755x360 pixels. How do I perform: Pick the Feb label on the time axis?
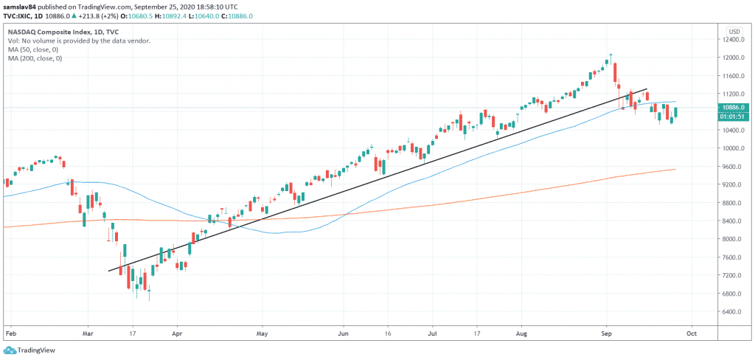coord(10,333)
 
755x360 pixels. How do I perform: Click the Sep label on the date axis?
coord(606,333)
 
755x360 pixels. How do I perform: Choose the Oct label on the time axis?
coord(692,333)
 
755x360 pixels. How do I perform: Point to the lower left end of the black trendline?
coord(109,271)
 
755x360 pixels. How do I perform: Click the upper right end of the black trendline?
coord(647,89)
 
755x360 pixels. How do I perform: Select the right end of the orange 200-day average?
coord(676,169)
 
